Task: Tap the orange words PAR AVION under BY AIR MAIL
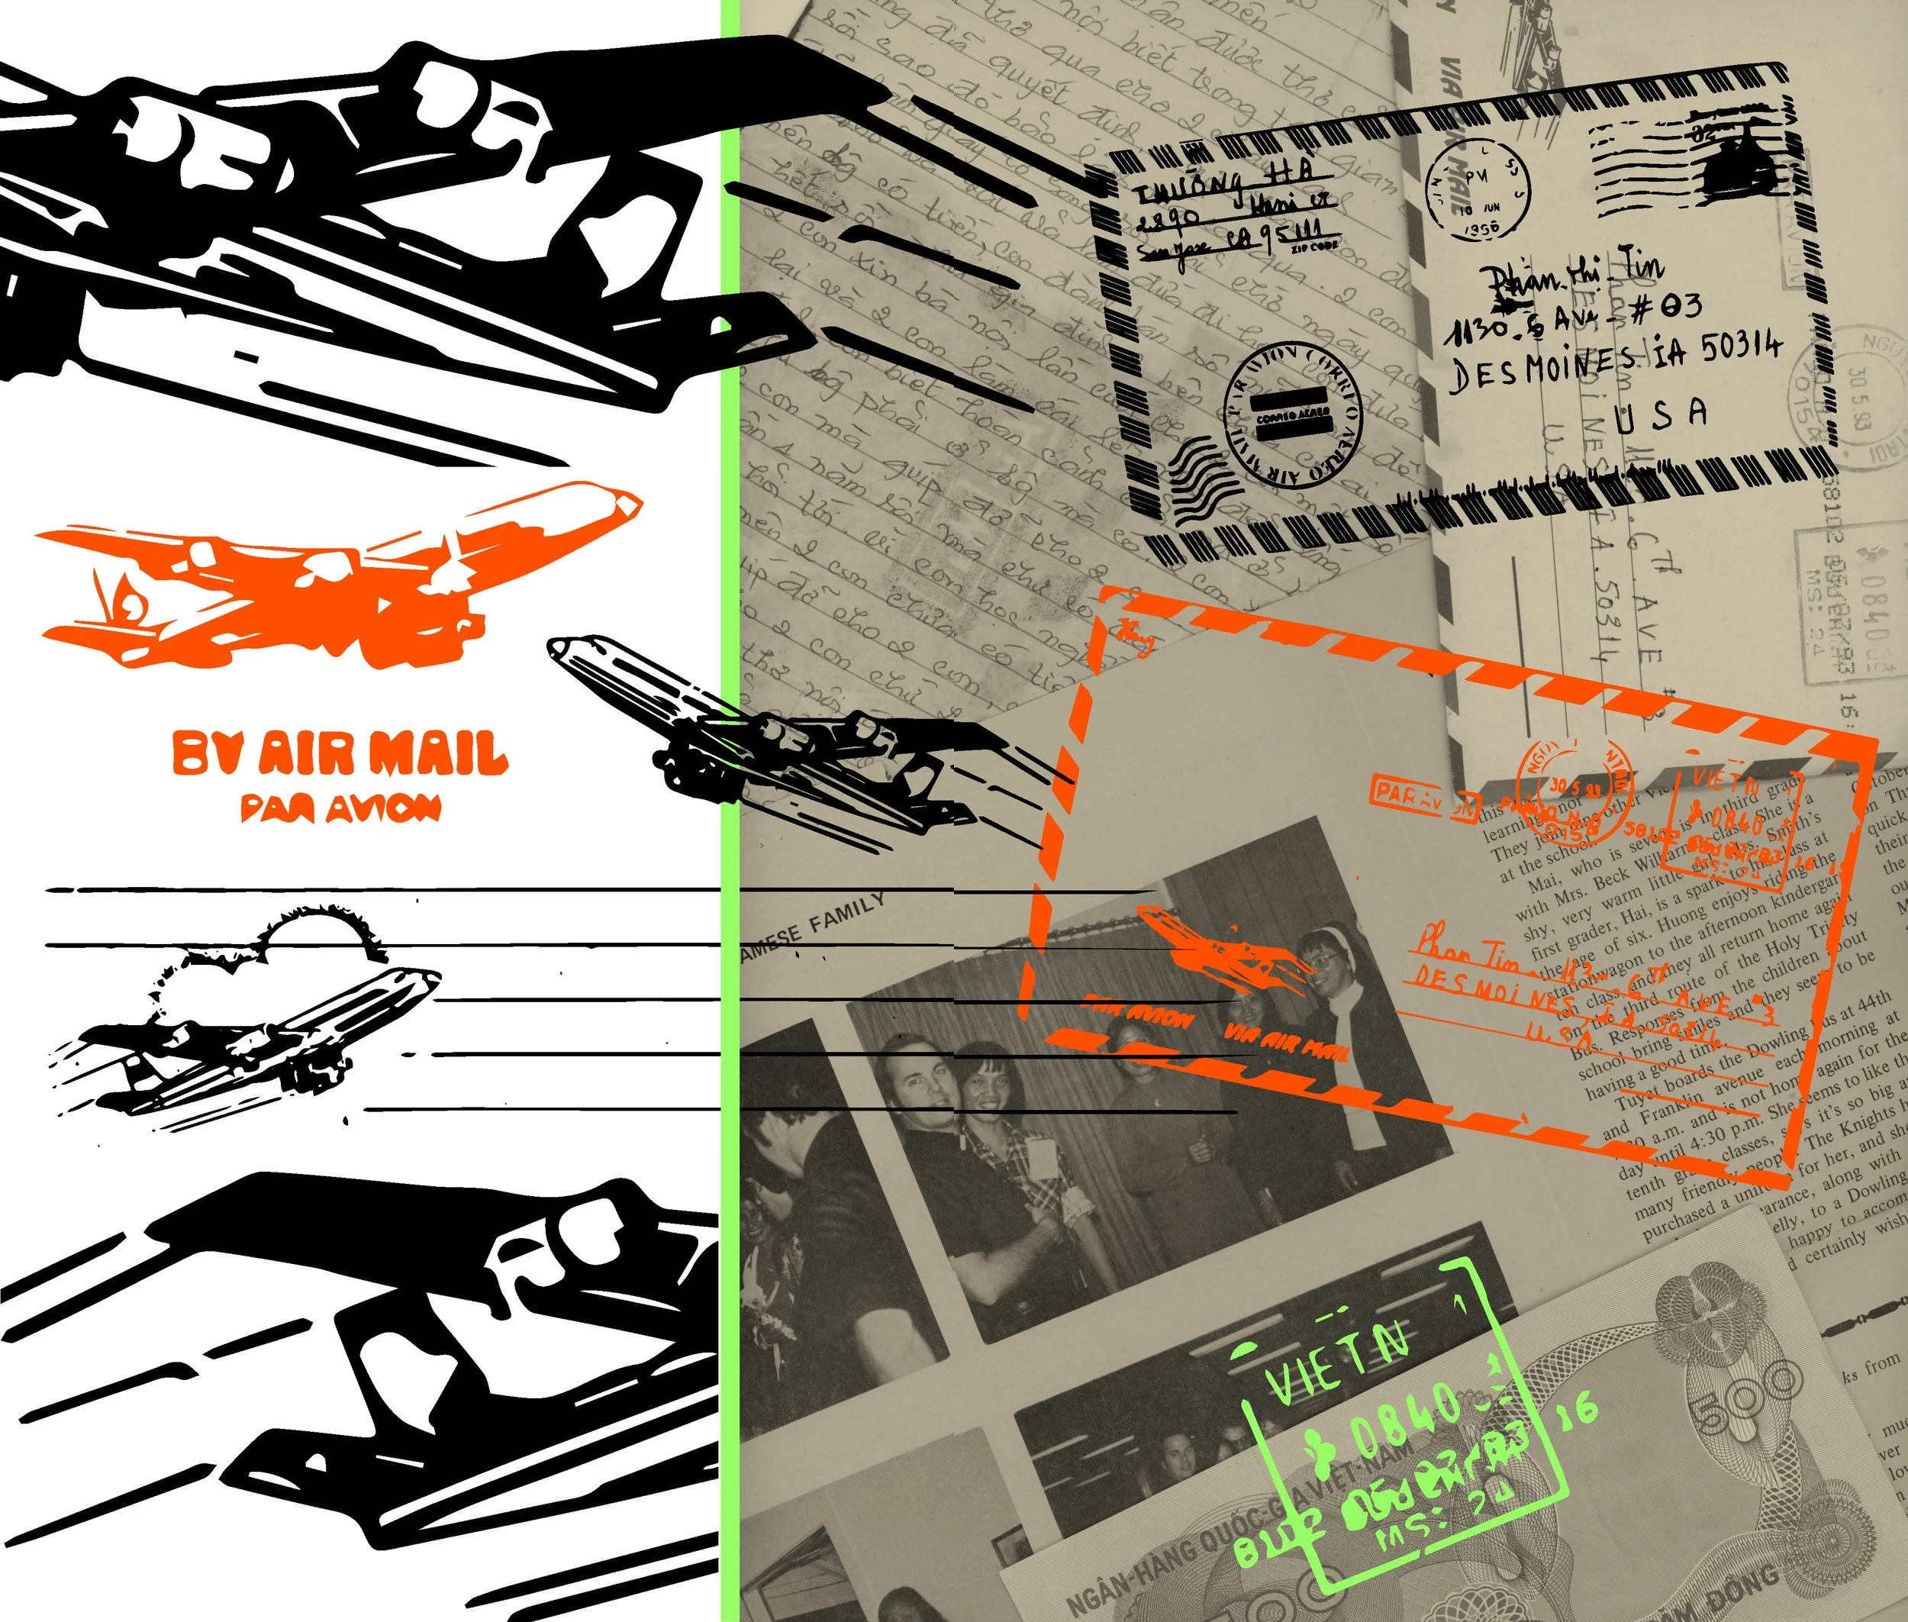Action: coord(340,808)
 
